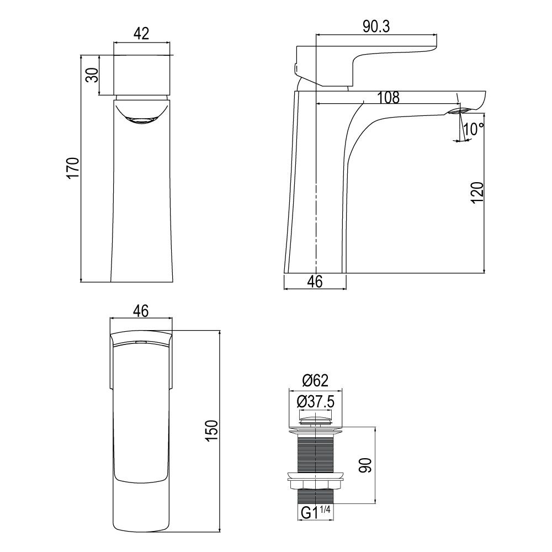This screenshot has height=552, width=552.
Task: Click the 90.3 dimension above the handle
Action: [x=376, y=27]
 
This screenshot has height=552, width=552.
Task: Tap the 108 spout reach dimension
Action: [x=388, y=98]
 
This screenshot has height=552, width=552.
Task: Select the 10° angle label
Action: [x=474, y=129]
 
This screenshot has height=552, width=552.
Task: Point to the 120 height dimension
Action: [x=477, y=192]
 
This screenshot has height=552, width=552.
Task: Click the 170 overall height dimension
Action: [x=73, y=168]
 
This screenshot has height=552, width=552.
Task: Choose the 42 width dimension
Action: [x=141, y=34]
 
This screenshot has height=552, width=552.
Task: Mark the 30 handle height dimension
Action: [x=92, y=75]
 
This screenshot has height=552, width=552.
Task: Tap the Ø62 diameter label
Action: [x=315, y=380]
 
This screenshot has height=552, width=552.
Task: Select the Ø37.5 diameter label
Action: [x=315, y=402]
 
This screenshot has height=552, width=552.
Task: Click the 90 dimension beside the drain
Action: [x=366, y=465]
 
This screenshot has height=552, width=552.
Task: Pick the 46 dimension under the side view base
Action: [x=315, y=282]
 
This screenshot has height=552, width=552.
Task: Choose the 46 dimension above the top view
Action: [x=141, y=311]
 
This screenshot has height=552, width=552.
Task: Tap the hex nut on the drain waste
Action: [x=315, y=485]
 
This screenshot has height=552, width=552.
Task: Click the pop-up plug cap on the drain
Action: [x=315, y=421]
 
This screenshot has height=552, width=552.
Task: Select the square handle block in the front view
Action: [x=141, y=75]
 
